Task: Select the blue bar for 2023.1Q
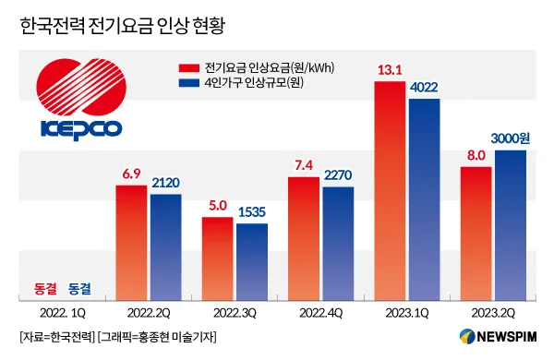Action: point(424,198)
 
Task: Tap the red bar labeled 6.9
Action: point(130,243)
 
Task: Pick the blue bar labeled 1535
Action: point(251,262)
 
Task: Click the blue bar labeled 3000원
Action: point(511,225)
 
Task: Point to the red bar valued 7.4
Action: point(304,238)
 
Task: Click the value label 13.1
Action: point(389,69)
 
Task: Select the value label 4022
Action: point(425,87)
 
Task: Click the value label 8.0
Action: point(476,155)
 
